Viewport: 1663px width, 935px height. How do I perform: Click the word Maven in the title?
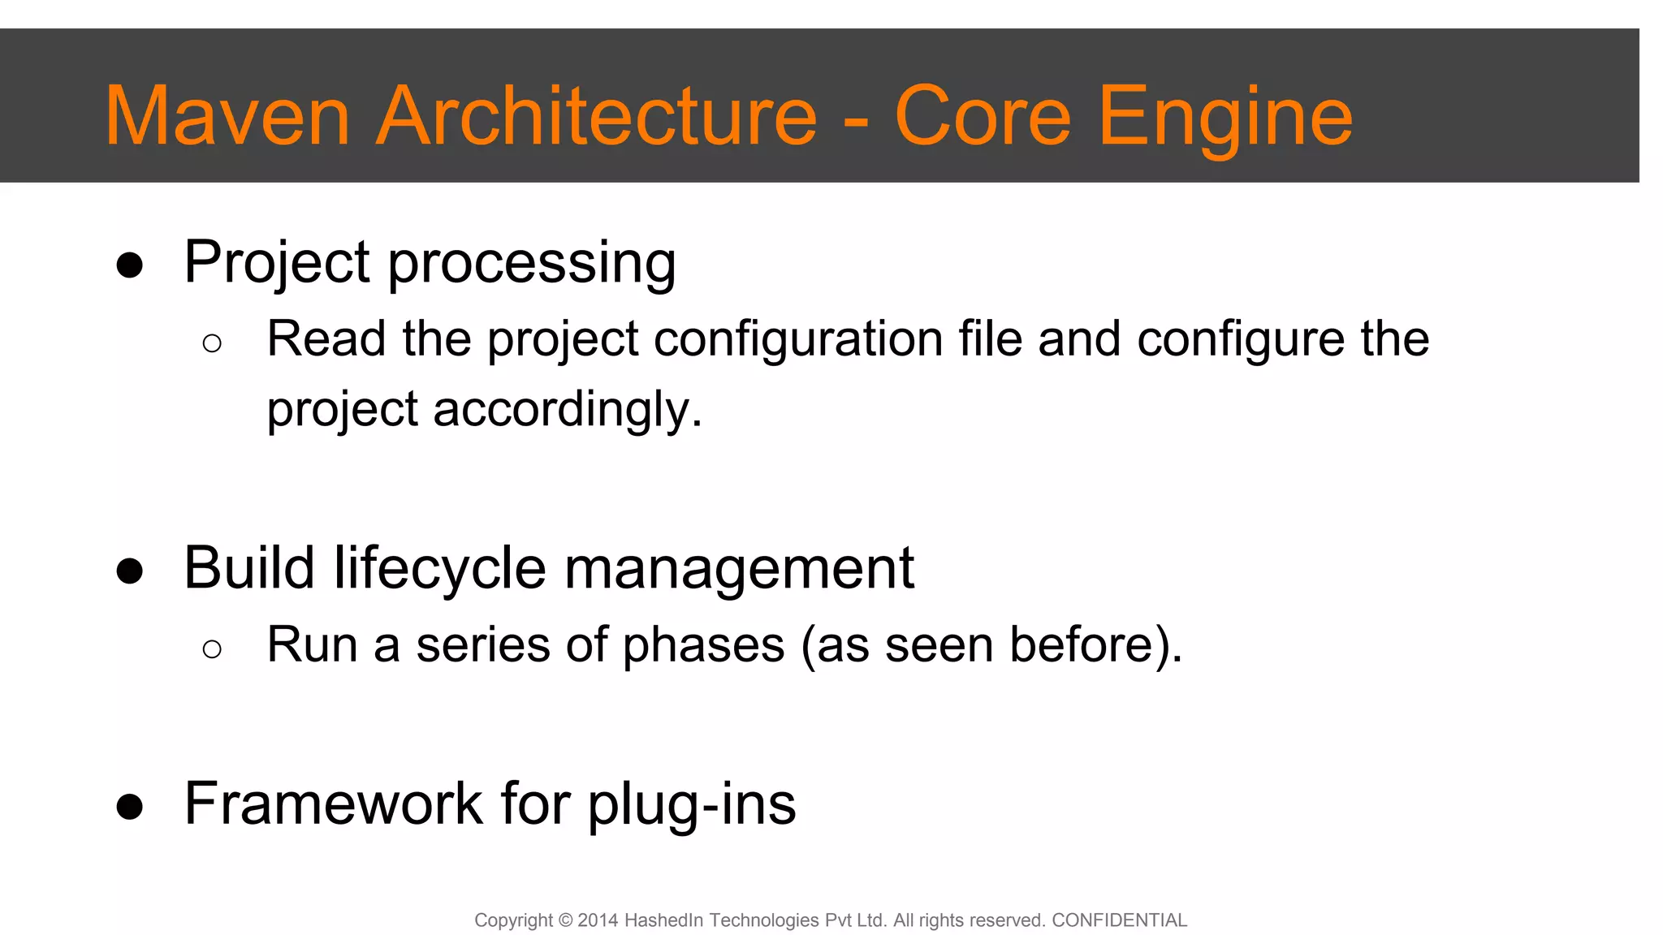(x=227, y=117)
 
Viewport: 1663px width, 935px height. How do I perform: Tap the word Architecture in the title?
(x=596, y=117)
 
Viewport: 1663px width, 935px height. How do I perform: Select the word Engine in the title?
(x=1225, y=118)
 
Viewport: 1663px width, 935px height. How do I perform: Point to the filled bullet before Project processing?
(x=130, y=265)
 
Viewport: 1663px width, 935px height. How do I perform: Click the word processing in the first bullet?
(x=531, y=265)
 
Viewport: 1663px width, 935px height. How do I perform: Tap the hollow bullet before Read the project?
(x=212, y=343)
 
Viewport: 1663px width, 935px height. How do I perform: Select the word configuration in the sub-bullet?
(x=797, y=339)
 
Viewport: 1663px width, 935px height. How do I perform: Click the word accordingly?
(x=566, y=409)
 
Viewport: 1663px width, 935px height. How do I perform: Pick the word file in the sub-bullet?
(x=990, y=338)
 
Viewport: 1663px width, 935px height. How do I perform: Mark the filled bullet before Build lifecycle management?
(x=130, y=571)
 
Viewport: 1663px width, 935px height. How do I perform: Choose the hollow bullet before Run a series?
(x=212, y=648)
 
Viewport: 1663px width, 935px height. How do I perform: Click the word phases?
(x=704, y=646)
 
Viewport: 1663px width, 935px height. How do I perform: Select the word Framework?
(x=334, y=804)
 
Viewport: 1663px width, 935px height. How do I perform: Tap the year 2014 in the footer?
(x=598, y=920)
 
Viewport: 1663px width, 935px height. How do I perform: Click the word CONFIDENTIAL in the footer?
(x=1119, y=920)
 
